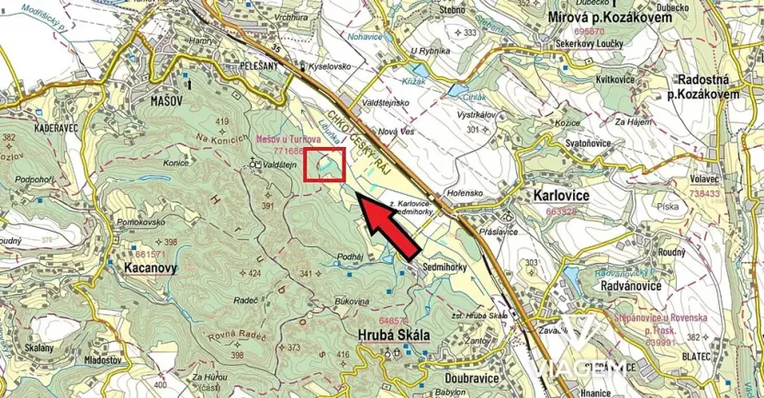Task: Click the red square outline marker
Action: [324, 165]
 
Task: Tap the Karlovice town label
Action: [563, 196]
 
